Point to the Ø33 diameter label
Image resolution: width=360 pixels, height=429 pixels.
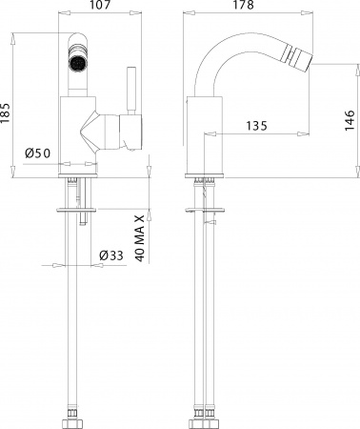(x=111, y=254)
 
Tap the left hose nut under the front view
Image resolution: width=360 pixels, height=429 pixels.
(x=70, y=417)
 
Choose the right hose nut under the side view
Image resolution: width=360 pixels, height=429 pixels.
(x=215, y=417)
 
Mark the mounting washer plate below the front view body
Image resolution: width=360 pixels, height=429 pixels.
(x=80, y=207)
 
